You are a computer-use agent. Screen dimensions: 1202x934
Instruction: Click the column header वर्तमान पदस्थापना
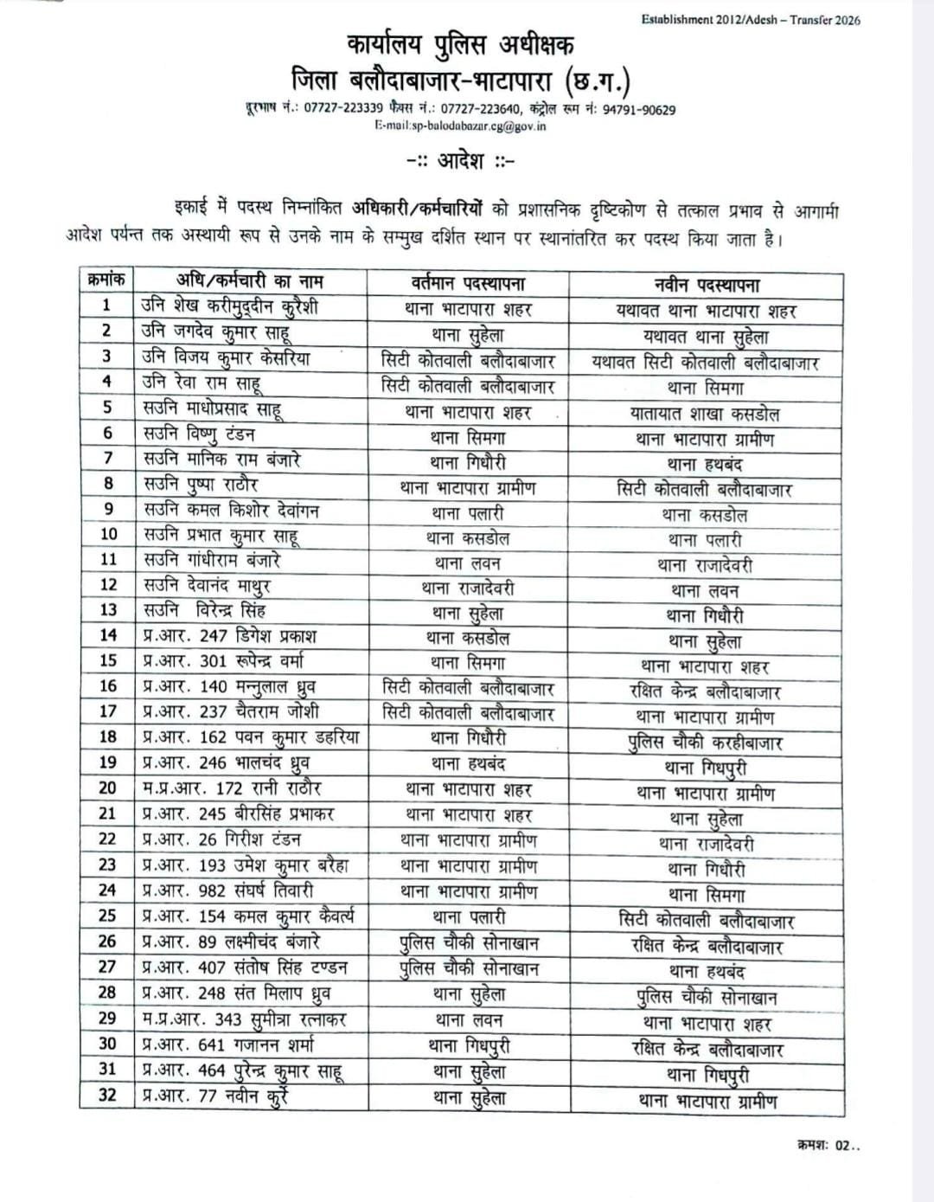[x=468, y=283]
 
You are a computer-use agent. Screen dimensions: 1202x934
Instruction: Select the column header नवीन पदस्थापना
[x=706, y=285]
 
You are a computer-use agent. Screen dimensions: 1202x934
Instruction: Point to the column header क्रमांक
[x=107, y=280]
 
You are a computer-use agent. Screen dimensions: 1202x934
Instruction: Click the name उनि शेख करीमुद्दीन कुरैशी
[x=230, y=306]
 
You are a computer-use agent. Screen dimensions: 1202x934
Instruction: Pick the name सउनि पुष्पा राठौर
[x=201, y=485]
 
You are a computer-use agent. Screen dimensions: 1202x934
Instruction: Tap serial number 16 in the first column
[x=107, y=686]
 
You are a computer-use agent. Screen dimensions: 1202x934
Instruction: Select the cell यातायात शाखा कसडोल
[x=705, y=414]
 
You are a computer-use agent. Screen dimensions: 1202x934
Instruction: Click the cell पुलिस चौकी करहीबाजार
[x=705, y=742]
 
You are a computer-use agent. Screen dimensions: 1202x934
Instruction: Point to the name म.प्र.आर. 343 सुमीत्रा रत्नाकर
[x=245, y=1019]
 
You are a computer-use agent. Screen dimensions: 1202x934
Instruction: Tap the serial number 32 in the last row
[x=107, y=1095]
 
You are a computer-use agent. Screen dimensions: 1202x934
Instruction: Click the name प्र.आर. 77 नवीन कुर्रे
[x=214, y=1096]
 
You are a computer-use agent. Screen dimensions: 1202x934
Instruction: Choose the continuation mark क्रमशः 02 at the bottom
[x=828, y=1146]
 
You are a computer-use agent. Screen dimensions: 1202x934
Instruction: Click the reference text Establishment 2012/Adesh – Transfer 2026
[x=751, y=20]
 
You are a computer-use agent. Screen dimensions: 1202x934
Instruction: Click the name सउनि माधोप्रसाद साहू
[x=212, y=408]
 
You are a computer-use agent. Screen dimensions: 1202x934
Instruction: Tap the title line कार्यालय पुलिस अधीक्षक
[x=460, y=45]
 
